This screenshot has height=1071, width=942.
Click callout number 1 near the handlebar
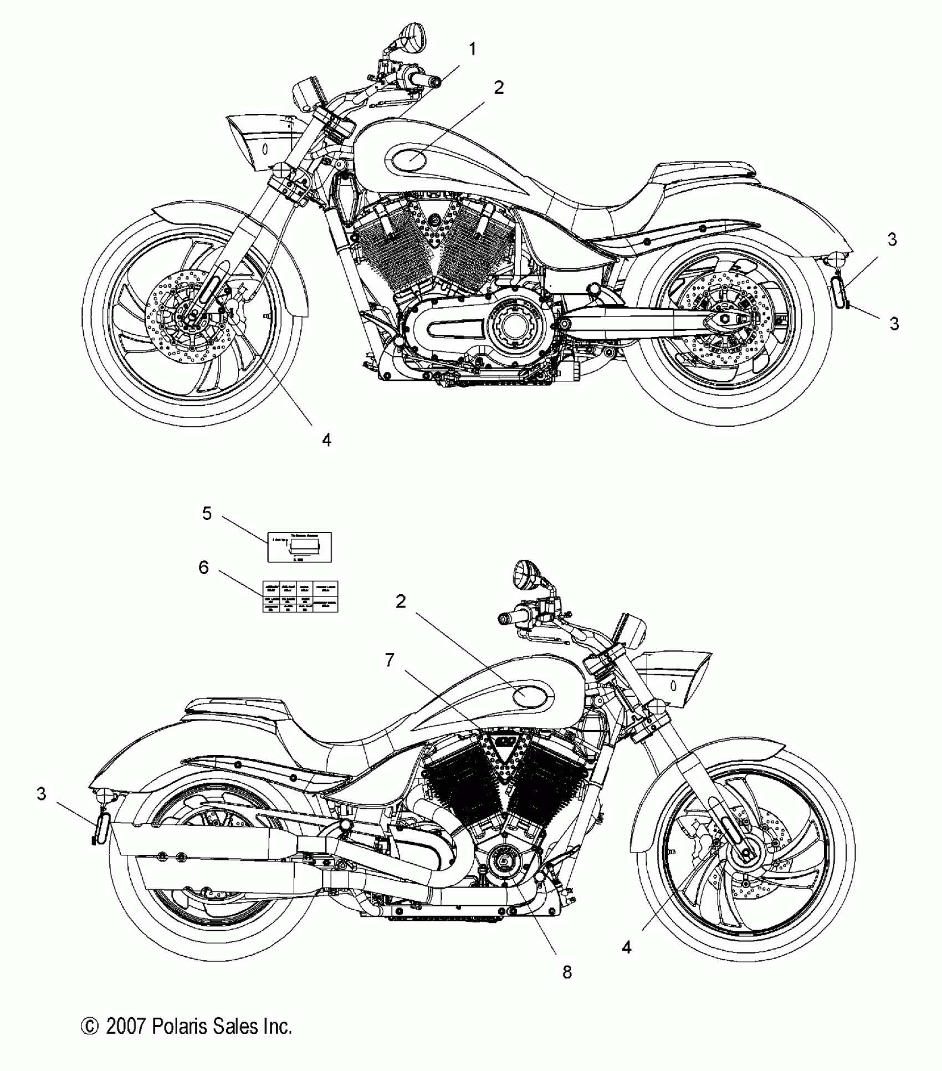pos(472,50)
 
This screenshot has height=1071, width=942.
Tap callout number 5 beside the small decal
pos(207,514)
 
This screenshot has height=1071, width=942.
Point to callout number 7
pos(390,660)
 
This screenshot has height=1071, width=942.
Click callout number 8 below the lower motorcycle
pos(567,972)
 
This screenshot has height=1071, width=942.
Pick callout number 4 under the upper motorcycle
pos(327,440)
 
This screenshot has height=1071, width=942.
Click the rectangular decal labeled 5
pos(300,547)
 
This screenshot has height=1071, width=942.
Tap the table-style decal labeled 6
pos(300,596)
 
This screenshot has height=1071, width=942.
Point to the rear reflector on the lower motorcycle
pos(100,830)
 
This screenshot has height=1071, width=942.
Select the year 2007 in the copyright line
pos(125,1026)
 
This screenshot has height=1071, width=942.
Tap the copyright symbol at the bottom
pos(89,1027)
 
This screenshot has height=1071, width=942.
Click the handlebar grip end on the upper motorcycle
pos(435,83)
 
